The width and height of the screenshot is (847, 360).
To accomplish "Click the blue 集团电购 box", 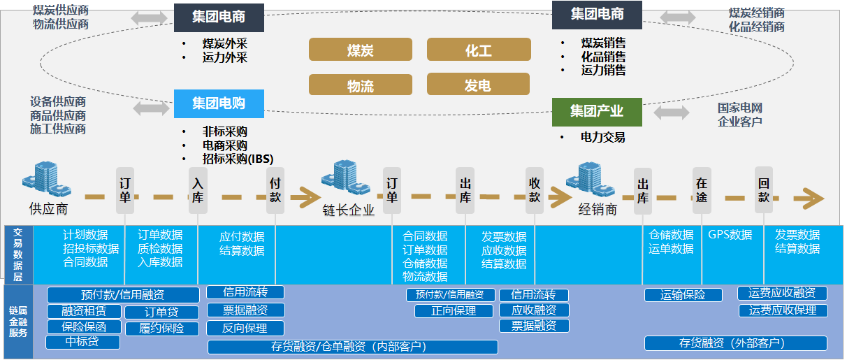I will [x=219, y=103].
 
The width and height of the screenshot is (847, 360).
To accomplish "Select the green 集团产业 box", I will [x=596, y=112].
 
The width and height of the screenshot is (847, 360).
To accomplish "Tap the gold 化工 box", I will [x=478, y=50].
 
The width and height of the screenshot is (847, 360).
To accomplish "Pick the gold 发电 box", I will [x=478, y=85].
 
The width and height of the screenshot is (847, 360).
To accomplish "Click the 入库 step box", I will [x=198, y=189].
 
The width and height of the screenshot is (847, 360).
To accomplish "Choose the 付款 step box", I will [x=275, y=189].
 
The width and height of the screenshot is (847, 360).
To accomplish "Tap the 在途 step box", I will [x=701, y=189].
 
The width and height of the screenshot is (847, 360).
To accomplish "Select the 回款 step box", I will [x=764, y=189].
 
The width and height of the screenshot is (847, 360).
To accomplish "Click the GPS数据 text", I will [x=730, y=235].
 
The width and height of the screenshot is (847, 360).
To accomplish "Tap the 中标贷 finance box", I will [x=82, y=342].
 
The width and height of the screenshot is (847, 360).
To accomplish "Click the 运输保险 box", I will [x=683, y=295].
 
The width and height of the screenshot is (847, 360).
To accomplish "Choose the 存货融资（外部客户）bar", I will [x=735, y=343].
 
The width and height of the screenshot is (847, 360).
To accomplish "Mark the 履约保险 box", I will [x=161, y=328].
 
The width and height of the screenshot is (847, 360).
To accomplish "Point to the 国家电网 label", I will [x=739, y=108].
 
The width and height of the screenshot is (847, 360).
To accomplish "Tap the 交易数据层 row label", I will [x=18, y=253].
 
